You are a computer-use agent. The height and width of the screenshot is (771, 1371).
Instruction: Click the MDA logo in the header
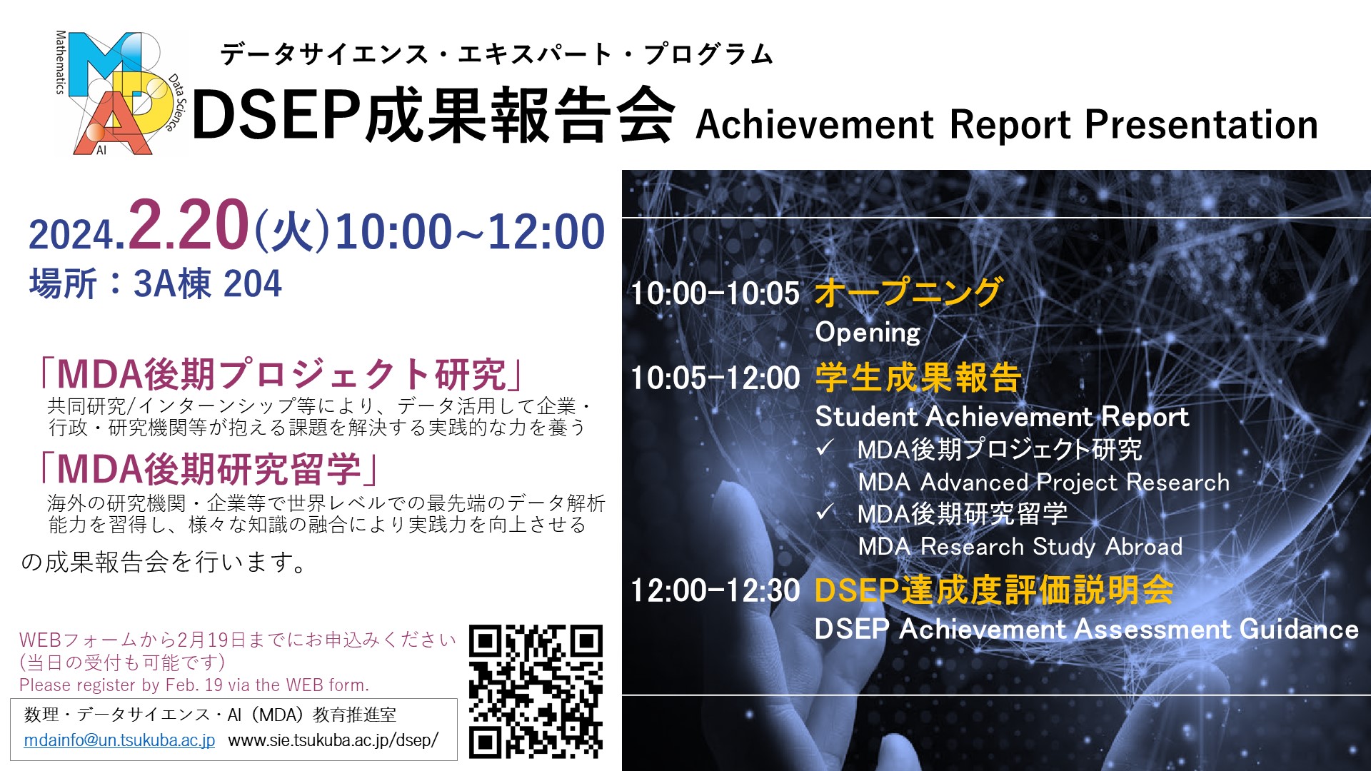coord(119,93)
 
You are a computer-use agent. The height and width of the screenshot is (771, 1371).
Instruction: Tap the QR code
coord(536,692)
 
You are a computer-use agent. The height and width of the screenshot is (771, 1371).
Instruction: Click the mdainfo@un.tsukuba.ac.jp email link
coord(119,740)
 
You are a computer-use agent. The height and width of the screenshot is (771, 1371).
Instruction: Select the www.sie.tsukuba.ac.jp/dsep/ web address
coord(333,740)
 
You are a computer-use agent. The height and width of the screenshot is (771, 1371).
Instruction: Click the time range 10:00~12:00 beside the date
coord(470,232)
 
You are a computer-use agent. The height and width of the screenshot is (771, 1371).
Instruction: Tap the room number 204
coord(253,283)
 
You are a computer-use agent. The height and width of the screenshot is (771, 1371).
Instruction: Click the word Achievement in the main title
coord(815,125)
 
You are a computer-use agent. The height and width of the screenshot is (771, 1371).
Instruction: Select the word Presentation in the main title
coord(1201,125)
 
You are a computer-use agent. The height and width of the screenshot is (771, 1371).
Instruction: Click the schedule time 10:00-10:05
coord(715,293)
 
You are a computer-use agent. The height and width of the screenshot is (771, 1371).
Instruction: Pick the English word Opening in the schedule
coord(868,333)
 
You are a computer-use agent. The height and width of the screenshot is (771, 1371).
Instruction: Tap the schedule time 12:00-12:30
coord(715,590)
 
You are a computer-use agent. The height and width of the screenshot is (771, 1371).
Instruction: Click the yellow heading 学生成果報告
coord(918,377)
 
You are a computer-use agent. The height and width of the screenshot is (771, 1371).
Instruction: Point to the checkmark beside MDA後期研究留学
coord(825,512)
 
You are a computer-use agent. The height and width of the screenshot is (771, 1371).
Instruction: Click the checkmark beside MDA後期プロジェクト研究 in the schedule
coord(825,448)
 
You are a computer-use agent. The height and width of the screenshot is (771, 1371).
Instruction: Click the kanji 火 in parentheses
coord(293,232)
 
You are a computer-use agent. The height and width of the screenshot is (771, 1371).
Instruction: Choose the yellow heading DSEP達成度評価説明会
coord(994,590)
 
